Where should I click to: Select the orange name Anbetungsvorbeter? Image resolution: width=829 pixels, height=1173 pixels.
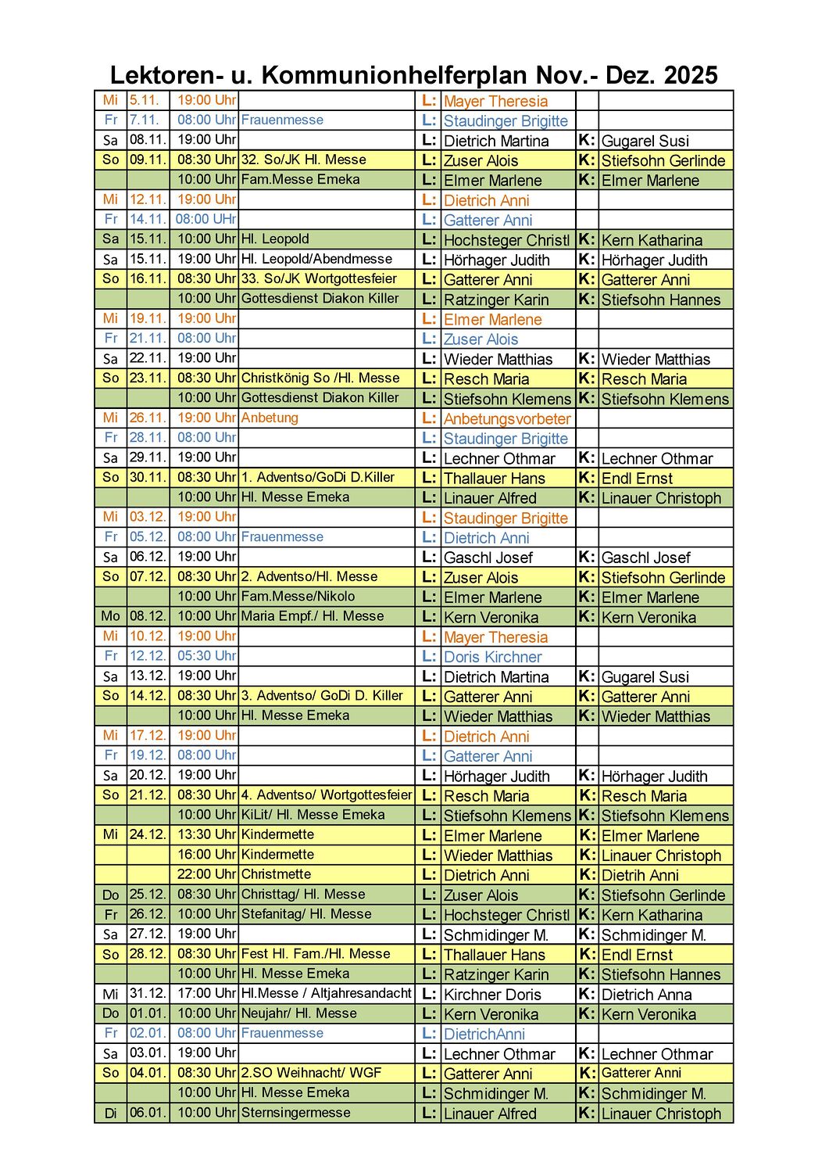point(507,419)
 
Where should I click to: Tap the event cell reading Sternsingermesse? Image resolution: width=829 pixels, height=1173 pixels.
point(295,1113)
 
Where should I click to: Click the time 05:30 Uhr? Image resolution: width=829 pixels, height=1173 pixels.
point(206,656)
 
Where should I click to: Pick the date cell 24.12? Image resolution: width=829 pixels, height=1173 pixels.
point(148,834)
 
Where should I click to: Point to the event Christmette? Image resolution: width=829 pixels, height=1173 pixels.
point(276,874)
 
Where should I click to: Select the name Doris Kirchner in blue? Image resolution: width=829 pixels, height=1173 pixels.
point(492,658)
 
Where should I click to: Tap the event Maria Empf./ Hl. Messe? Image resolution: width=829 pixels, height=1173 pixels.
point(313,616)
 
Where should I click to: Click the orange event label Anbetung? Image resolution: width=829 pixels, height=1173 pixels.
point(270,418)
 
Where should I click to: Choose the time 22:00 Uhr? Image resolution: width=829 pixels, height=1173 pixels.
point(206,874)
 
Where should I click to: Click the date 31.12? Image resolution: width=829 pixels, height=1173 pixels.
point(148,994)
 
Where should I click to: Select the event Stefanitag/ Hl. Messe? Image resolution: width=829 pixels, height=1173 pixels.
point(306,914)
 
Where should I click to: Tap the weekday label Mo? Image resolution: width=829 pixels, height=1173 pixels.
point(110,616)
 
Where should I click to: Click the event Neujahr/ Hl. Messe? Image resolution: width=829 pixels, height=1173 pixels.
point(298,1013)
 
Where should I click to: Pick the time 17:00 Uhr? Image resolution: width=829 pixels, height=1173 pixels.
point(206,994)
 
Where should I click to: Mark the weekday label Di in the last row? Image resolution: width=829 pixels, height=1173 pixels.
point(110,1114)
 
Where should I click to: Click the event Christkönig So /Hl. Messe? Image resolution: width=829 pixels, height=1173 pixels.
point(320,378)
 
